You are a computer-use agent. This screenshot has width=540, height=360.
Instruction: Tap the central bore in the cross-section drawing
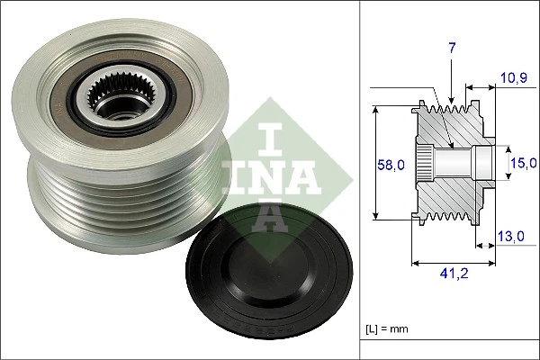click(x=454, y=163)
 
